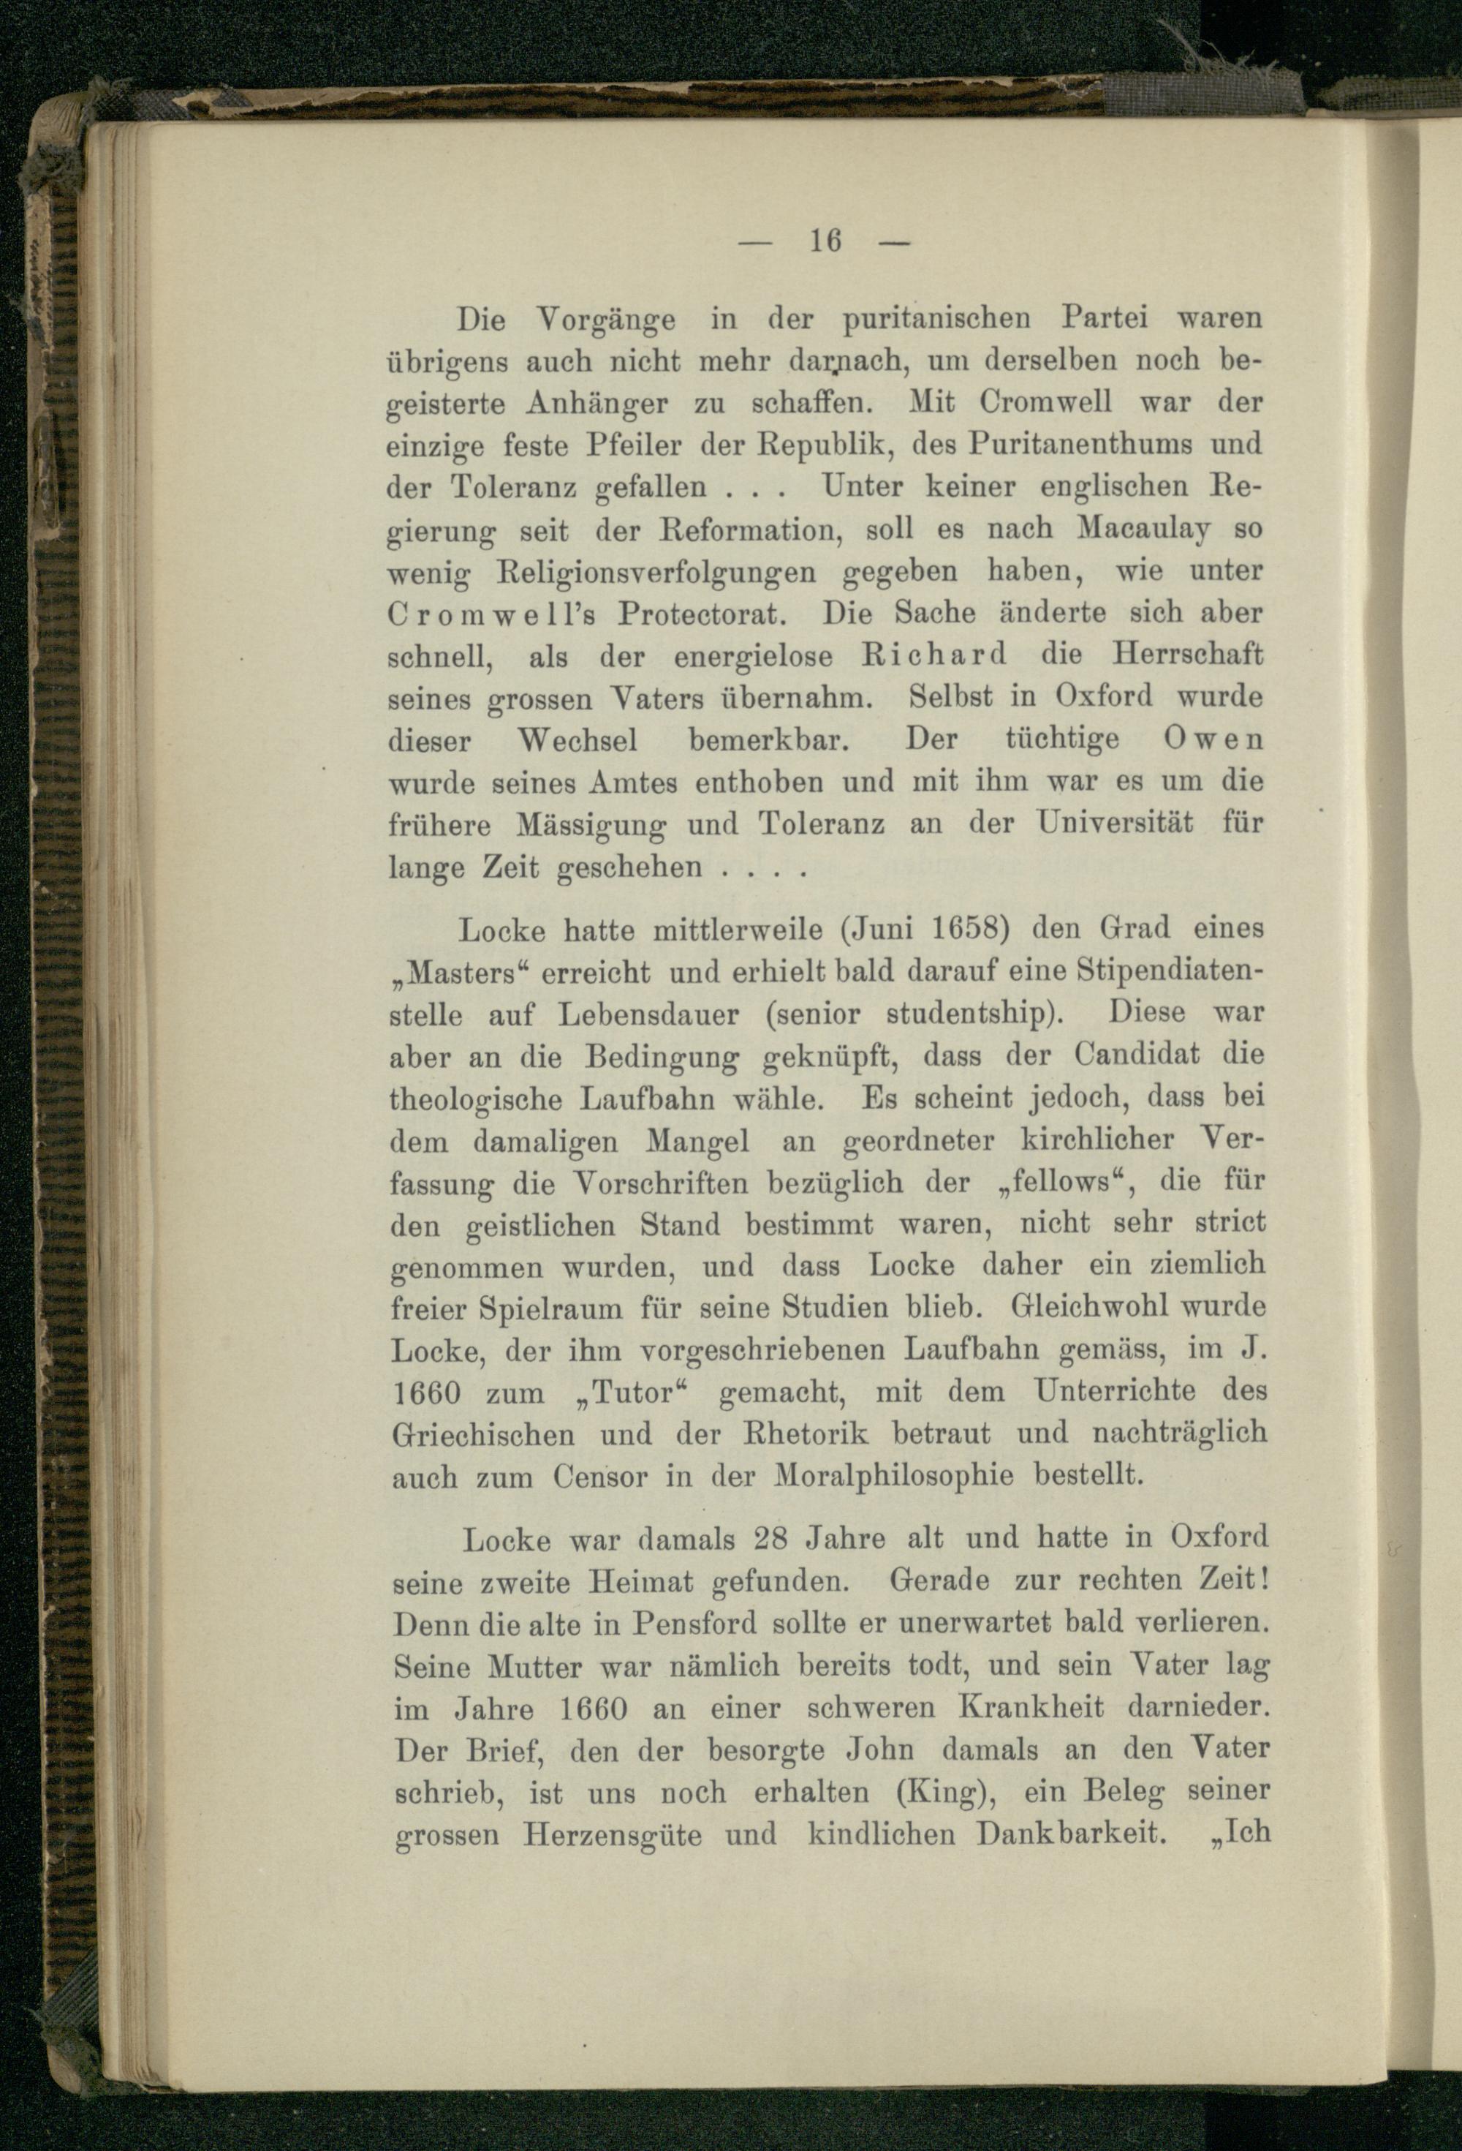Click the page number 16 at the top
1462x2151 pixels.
click(x=825, y=241)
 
